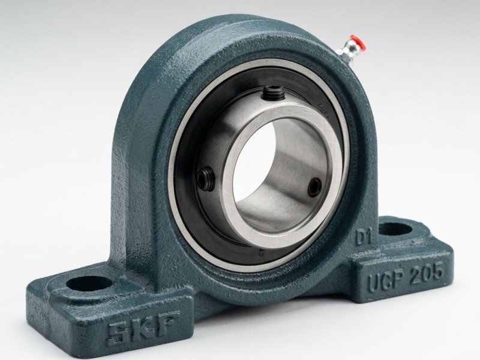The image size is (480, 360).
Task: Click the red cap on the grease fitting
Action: tap(358, 41)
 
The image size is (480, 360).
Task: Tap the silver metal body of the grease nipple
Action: tap(346, 53)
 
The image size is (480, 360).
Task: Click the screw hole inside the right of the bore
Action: tap(314, 187)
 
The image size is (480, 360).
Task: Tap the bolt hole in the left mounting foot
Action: tap(89, 283)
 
